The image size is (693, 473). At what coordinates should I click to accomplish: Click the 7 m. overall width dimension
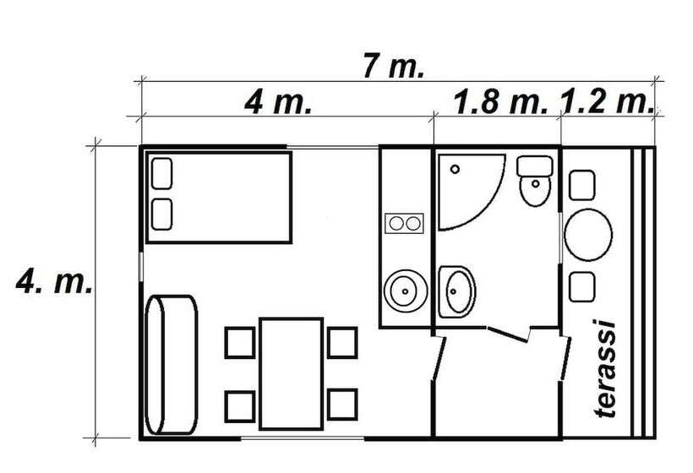tap(393, 67)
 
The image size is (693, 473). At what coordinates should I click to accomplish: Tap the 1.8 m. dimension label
tap(500, 102)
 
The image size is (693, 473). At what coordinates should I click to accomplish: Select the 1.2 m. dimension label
tap(608, 102)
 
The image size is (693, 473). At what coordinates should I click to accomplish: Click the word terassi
tap(604, 369)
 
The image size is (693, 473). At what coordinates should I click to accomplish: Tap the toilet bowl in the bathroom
tap(535, 181)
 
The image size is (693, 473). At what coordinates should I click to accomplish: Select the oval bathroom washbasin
tap(457, 291)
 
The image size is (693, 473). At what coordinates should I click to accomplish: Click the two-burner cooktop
tap(405, 224)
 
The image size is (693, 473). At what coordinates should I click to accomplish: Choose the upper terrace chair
tap(581, 185)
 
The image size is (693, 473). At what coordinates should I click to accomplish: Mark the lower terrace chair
tap(581, 287)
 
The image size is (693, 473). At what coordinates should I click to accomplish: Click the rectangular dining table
tap(292, 373)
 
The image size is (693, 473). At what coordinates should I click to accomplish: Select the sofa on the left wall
tap(171, 365)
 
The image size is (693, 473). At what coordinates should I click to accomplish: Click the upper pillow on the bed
tap(161, 173)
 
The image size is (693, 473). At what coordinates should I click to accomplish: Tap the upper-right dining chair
tap(342, 343)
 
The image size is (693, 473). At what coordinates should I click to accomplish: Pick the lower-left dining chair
tap(240, 406)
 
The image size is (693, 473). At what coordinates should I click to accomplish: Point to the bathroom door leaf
tap(508, 334)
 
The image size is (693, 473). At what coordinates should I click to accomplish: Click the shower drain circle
tap(455, 169)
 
